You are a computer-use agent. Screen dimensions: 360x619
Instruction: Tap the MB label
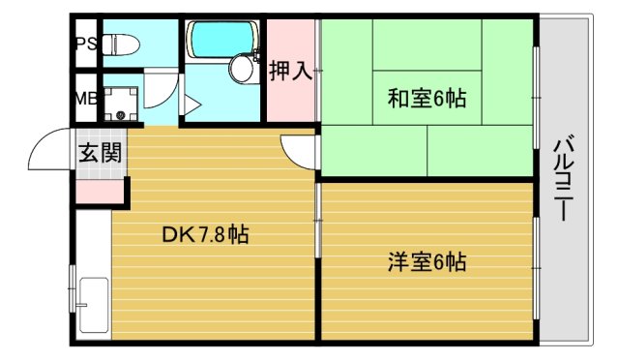point(85,98)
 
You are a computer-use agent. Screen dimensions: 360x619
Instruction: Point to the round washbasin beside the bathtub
point(241,68)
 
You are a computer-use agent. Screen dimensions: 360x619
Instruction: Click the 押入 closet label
point(291,71)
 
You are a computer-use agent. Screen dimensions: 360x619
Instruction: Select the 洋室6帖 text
point(427,261)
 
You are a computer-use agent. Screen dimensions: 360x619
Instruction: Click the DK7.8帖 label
point(204,233)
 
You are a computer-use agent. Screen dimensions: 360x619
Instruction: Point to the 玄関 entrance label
point(100,152)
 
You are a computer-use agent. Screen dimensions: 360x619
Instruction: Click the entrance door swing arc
point(48,148)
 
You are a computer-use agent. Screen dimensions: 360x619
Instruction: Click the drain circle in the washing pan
point(121,114)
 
